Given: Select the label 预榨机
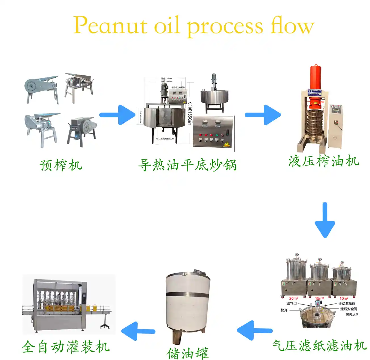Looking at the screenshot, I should click(61, 165).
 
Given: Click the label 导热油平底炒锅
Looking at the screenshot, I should click(187, 165).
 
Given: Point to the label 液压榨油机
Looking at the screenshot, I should click(324, 161).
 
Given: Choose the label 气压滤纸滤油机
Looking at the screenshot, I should click(319, 345).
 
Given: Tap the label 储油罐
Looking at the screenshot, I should click(188, 353).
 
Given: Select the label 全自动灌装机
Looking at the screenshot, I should click(66, 347).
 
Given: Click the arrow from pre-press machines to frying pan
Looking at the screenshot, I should click(118, 115).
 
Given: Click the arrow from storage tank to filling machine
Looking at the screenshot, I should click(138, 331).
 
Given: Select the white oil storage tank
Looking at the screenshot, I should click(188, 300).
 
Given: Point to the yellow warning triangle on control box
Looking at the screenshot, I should click(226, 144).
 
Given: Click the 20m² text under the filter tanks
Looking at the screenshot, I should click(293, 298).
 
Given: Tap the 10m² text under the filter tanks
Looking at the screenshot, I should click(344, 298).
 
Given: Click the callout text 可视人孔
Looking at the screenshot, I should click(352, 315).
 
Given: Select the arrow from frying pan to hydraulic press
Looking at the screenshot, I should click(263, 115).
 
